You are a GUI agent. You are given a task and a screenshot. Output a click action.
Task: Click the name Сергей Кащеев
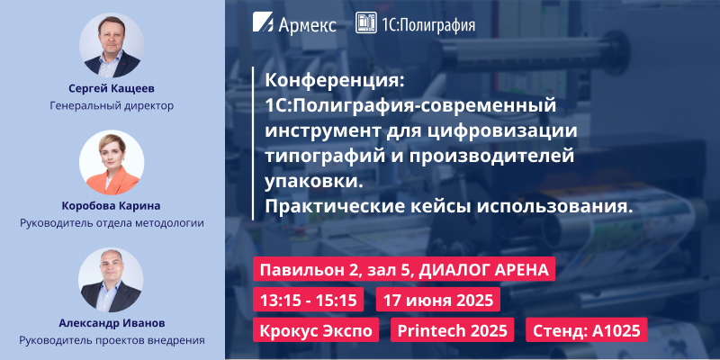pyautogui.click(x=112, y=88)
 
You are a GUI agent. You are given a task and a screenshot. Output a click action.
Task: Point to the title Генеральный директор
pyautogui.click(x=112, y=105)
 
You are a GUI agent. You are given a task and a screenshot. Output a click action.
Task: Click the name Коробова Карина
pyautogui.click(x=112, y=205)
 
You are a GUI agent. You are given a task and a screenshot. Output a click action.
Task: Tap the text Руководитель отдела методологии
pyautogui.click(x=112, y=222)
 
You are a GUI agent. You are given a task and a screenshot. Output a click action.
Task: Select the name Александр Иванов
pyautogui.click(x=112, y=323)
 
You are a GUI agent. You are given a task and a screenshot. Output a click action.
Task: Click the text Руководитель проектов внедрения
pyautogui.click(x=112, y=340)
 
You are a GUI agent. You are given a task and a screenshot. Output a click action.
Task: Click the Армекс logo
pyautogui.click(x=295, y=23)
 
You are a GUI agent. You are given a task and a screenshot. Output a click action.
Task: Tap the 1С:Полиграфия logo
pyautogui.click(x=416, y=23)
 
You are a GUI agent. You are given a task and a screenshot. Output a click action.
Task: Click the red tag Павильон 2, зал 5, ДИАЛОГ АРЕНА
pyautogui.click(x=406, y=270)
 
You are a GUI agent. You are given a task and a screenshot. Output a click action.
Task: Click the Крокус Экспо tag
pyautogui.click(x=316, y=329)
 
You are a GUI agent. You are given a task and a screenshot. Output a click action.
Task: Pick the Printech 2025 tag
pyautogui.click(x=453, y=329)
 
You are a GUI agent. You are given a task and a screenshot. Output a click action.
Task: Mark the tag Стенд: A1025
pyautogui.click(x=586, y=329)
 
